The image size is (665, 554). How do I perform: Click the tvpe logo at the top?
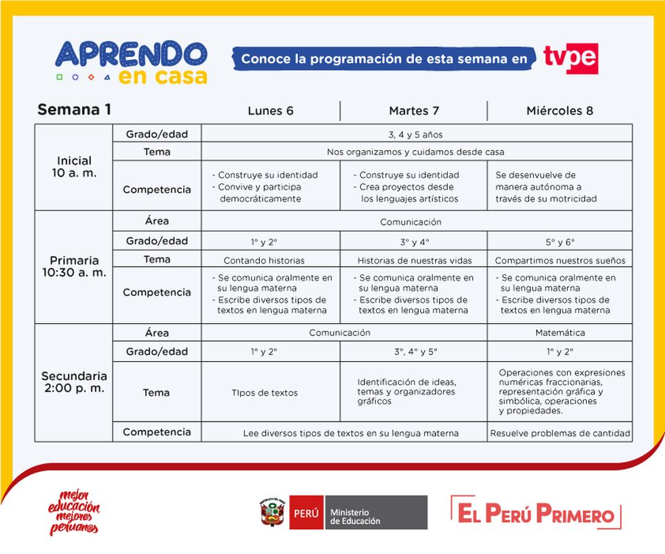tap(570, 58)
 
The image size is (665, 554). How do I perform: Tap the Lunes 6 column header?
tap(270, 111)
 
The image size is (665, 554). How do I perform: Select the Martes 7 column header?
tap(413, 111)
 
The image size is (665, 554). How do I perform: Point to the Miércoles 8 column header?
tap(560, 111)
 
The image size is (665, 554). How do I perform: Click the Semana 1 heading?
tap(75, 110)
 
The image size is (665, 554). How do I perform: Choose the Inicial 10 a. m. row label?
tap(74, 167)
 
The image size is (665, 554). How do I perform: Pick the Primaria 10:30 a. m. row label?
tap(74, 266)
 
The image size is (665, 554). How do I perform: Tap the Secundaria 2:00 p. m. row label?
tap(74, 382)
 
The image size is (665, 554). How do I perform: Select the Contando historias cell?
tap(264, 260)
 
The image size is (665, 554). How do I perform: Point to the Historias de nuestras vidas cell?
tap(414, 260)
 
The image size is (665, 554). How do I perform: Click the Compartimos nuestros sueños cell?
tap(560, 260)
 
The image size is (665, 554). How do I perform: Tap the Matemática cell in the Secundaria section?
tap(560, 333)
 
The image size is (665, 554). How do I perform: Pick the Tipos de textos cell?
tap(264, 392)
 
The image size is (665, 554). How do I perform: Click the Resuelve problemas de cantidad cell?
tap(560, 432)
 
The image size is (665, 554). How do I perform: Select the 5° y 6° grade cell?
tap(560, 242)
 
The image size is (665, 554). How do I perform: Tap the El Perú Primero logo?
tap(536, 513)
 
